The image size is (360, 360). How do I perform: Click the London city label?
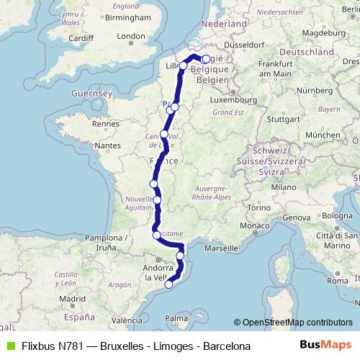[132, 36]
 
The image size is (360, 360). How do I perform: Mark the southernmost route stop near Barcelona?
[168, 284]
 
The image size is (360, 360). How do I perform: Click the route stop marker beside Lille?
[184, 66]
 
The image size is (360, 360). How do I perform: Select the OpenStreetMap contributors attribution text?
[297, 323]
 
